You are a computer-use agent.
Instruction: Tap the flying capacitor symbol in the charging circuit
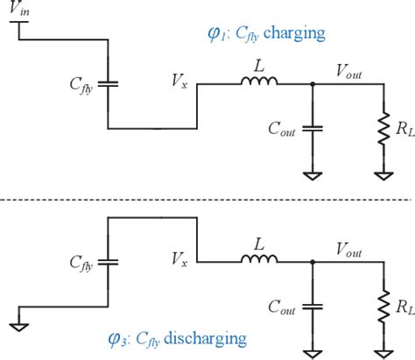[x=108, y=86]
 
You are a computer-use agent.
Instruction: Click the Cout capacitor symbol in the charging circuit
[x=311, y=129]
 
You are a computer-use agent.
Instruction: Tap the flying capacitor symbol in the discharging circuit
[x=108, y=261]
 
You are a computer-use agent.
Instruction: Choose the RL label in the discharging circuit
[x=402, y=307]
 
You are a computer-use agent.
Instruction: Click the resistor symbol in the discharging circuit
[x=383, y=307]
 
